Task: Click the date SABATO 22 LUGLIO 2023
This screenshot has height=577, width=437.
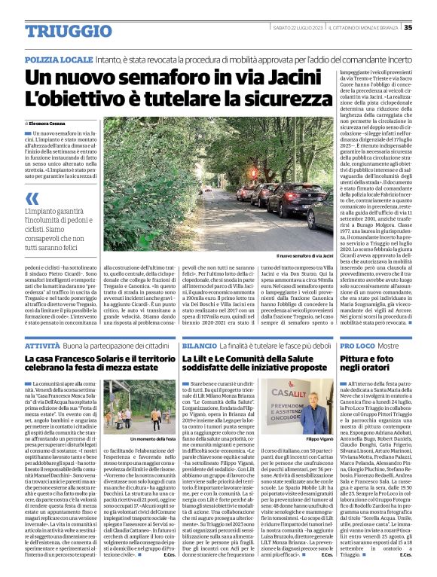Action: coord(298,28)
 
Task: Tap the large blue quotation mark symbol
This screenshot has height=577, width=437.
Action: coord(31,199)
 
